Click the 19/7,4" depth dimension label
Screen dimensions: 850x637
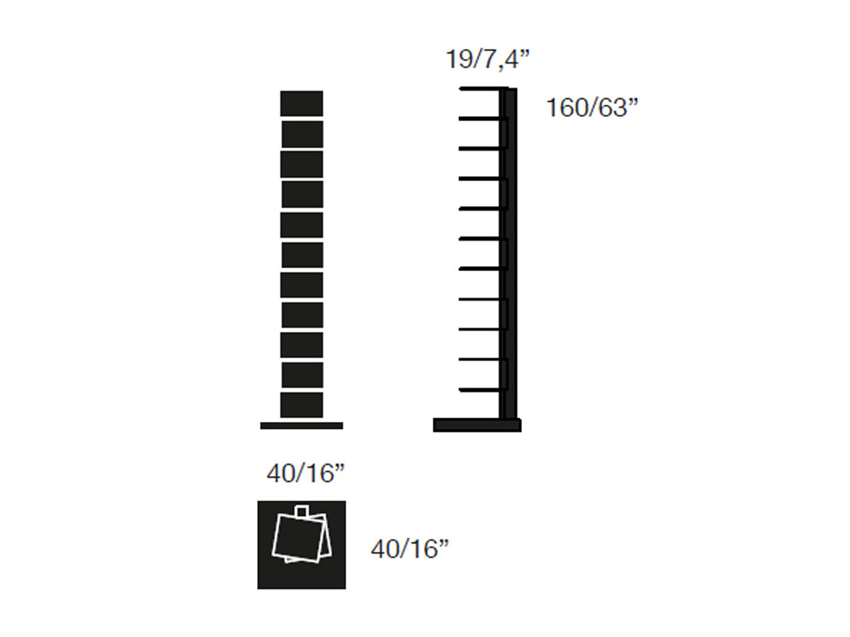(487, 59)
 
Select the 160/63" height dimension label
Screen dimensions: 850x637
(591, 107)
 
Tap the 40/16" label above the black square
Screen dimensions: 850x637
(305, 473)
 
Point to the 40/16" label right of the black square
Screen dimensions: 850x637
(409, 549)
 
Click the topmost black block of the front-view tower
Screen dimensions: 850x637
(301, 103)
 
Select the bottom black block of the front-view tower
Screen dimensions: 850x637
(301, 405)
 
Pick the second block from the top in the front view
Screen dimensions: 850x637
(302, 134)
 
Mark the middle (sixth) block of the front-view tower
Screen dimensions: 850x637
(302, 255)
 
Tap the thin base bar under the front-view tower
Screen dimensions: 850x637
(301, 426)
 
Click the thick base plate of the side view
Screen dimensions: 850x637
(477, 425)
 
